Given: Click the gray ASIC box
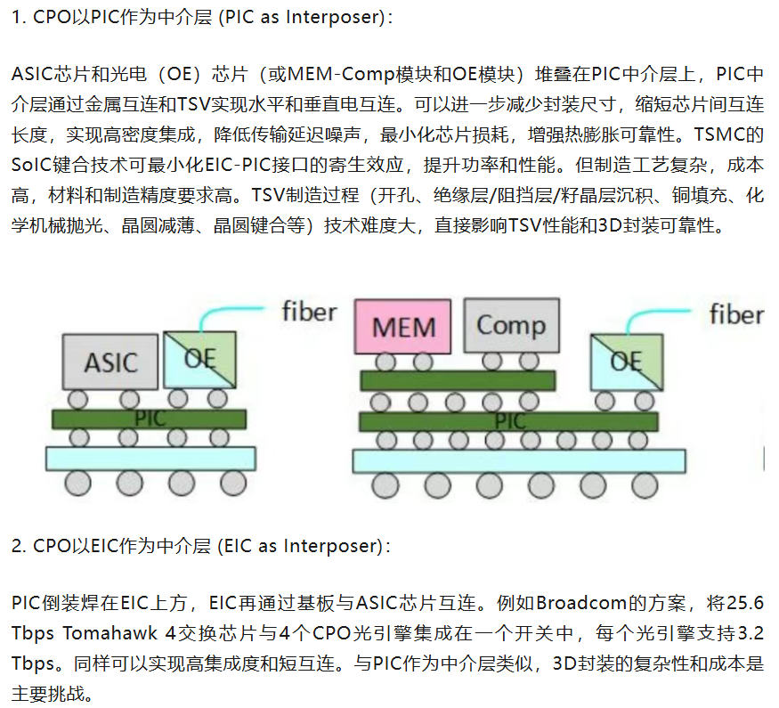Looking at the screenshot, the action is [110, 362].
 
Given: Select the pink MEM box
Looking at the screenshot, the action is [403, 327].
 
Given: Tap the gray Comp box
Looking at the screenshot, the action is [511, 325].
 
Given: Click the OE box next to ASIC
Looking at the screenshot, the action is [199, 360].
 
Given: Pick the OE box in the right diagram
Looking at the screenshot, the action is [627, 362].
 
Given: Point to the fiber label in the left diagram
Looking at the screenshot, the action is [309, 312].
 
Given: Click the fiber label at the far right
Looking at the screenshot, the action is [736, 314].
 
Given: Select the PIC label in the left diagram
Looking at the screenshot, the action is [150, 419].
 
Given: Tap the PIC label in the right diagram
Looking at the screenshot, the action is [510, 421].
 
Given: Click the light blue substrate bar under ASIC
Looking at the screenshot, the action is [151, 459].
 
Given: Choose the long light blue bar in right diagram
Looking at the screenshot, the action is [519, 461].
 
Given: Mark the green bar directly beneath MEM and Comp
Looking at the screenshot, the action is [458, 380].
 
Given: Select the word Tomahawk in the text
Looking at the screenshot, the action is [110, 633].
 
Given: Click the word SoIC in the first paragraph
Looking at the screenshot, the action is [31, 165].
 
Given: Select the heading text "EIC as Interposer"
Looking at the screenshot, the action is [303, 546].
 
